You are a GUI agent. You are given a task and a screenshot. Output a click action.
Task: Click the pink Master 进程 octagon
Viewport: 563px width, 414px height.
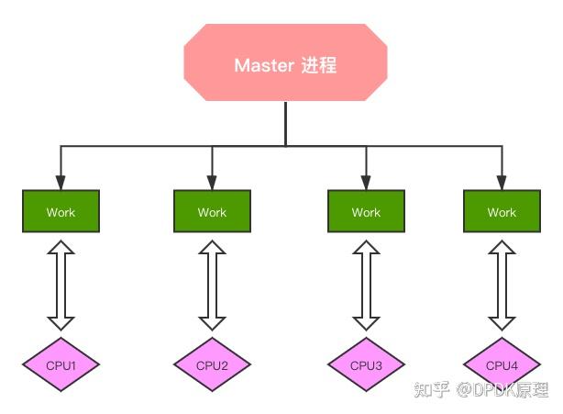[x=285, y=64]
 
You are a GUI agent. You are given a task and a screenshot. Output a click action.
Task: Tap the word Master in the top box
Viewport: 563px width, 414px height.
[x=264, y=65]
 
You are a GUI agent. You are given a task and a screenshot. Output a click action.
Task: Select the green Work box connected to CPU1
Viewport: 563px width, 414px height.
[x=61, y=212]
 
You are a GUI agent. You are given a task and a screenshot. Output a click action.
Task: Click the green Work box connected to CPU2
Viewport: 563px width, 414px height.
[x=212, y=212]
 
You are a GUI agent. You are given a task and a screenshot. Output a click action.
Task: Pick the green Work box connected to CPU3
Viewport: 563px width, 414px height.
[x=365, y=212]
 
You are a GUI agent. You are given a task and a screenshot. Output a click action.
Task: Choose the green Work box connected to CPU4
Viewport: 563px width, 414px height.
[x=502, y=212]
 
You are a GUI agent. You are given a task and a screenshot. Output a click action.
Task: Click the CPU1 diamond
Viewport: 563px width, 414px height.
[x=61, y=365]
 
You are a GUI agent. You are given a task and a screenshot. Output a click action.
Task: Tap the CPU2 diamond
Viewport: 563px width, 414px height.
[x=212, y=365]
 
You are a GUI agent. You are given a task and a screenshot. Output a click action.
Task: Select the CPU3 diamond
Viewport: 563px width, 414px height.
[x=365, y=365]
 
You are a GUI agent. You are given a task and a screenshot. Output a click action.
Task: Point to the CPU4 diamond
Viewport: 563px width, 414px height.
[x=502, y=365]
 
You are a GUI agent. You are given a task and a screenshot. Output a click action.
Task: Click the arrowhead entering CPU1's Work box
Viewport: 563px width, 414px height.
[x=61, y=183]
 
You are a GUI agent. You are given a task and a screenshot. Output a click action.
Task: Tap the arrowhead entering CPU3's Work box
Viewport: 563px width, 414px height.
[x=365, y=183]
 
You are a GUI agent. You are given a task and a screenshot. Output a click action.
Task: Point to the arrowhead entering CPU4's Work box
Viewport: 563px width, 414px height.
[x=502, y=183]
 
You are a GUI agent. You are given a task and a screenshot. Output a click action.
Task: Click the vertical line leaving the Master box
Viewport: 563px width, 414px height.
[x=285, y=124]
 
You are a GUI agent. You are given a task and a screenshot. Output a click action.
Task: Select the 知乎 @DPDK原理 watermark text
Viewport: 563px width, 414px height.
[x=480, y=390]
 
